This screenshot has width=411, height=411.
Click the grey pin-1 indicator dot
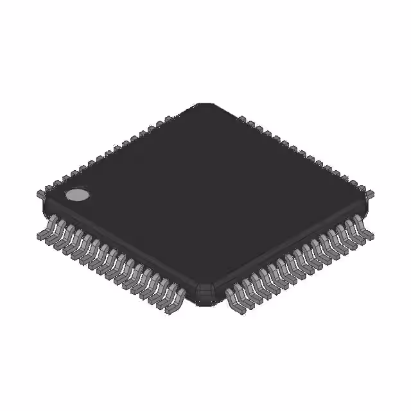78,194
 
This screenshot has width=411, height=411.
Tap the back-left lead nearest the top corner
169,119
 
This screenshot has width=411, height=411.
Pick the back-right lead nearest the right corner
371,191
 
